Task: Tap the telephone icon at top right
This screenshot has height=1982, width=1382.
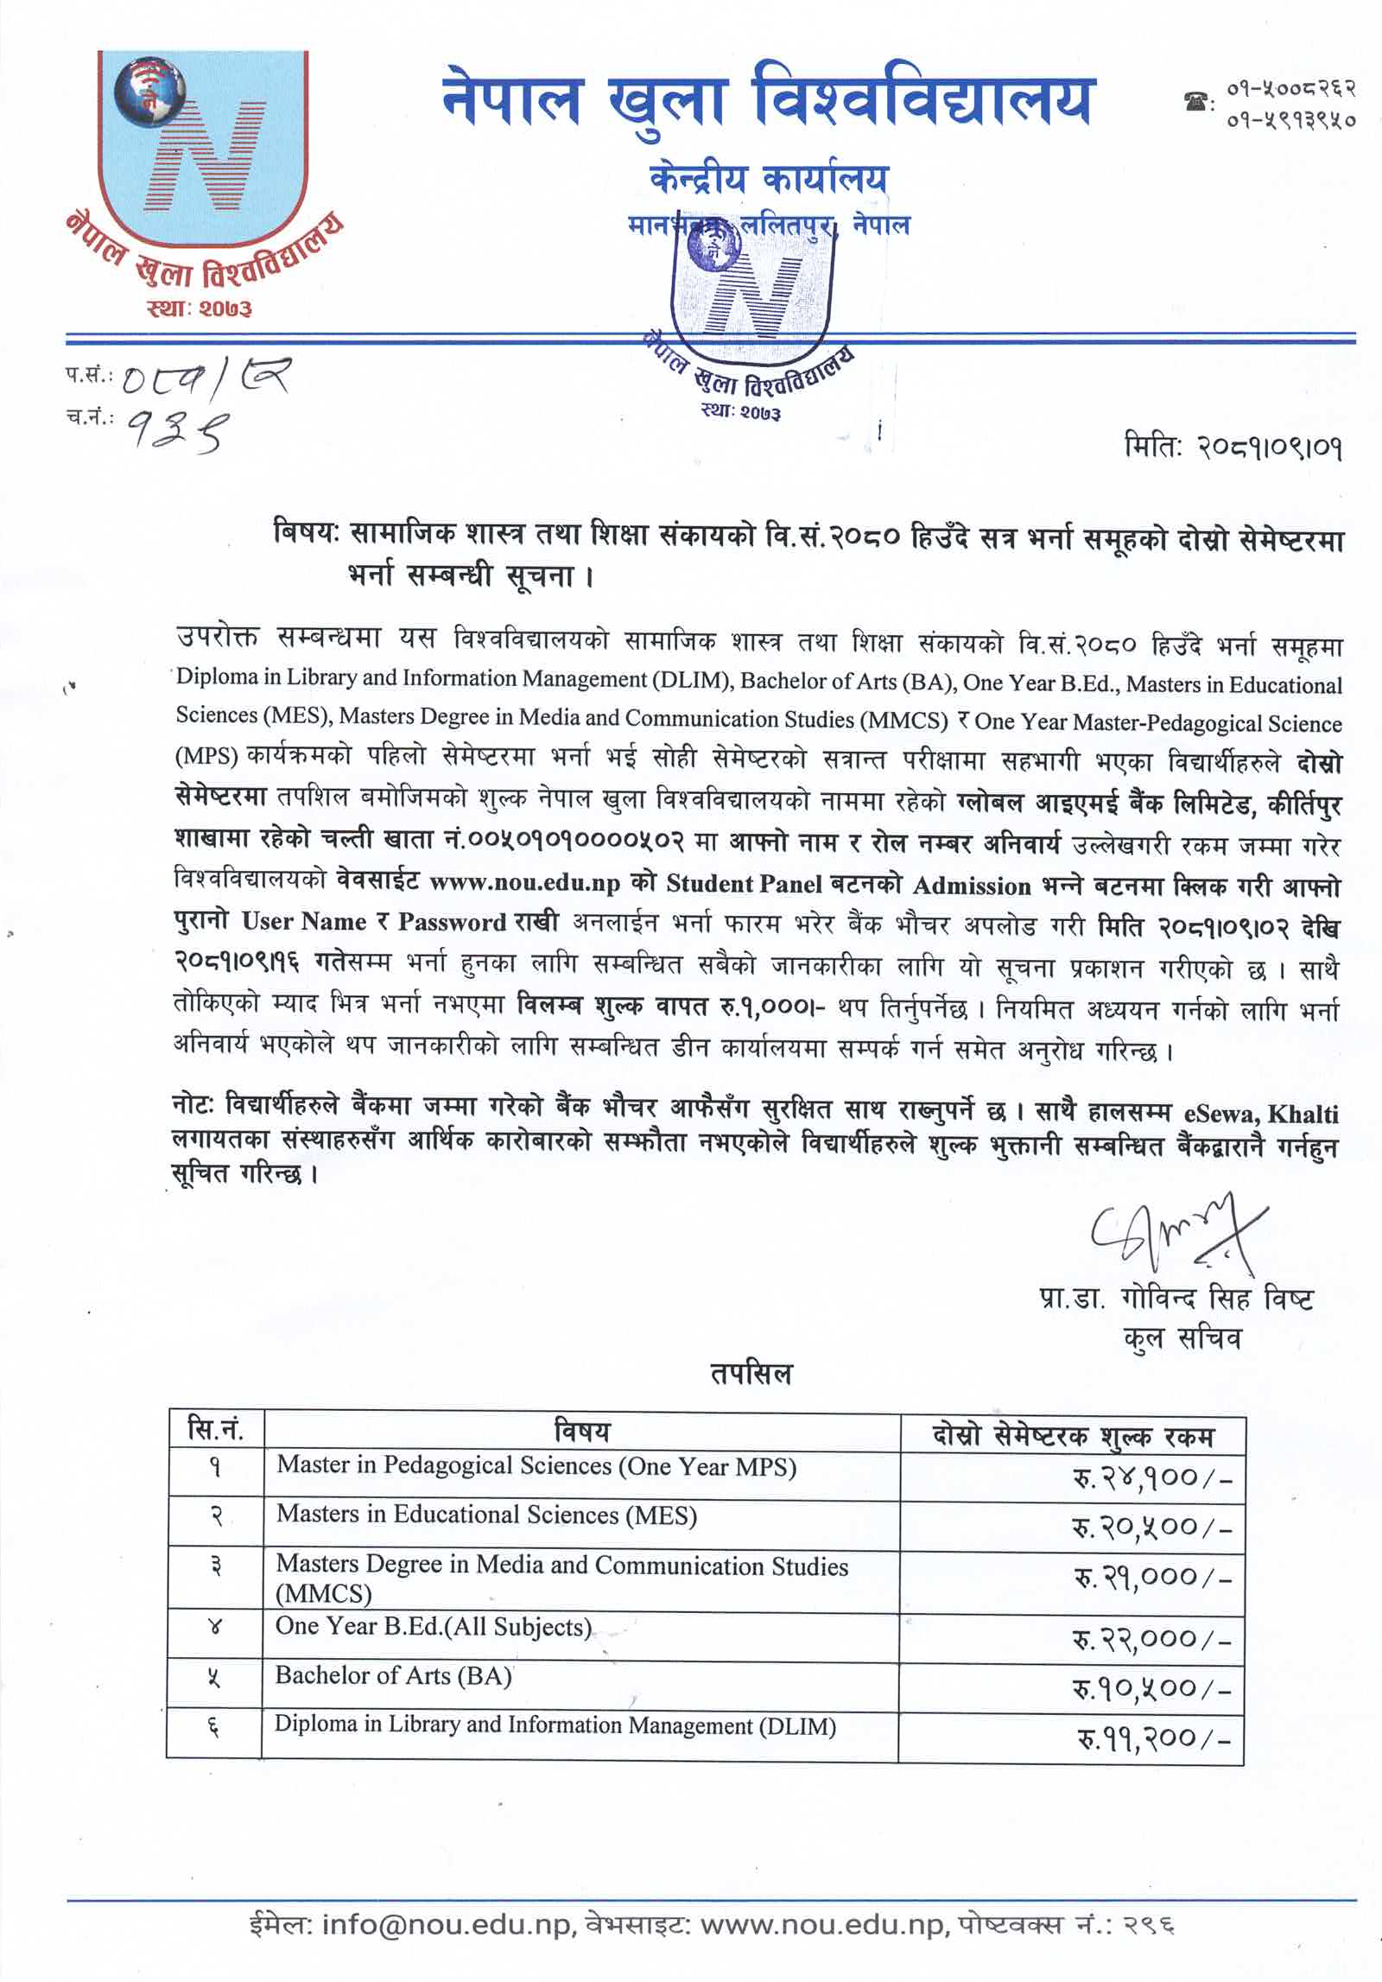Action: point(1197,102)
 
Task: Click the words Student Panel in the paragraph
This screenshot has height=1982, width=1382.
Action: point(744,884)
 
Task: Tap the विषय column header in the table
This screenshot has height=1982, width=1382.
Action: point(581,1432)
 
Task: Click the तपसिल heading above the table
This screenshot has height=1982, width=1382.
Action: point(751,1373)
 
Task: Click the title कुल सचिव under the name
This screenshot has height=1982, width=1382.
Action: point(1182,1338)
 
